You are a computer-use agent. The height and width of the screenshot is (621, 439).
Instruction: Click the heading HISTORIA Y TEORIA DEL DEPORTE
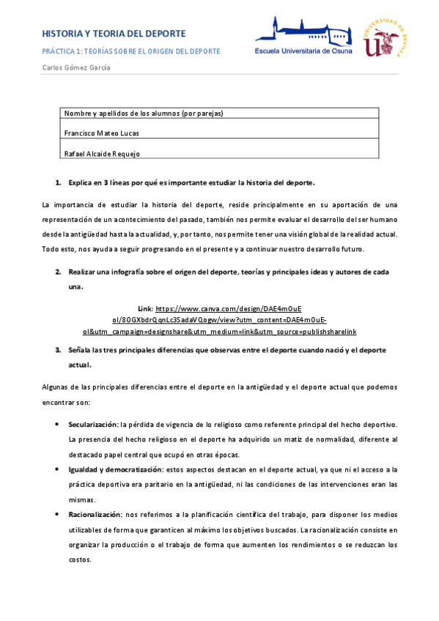(x=114, y=34)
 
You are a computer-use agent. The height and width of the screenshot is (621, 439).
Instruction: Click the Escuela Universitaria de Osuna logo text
(x=303, y=51)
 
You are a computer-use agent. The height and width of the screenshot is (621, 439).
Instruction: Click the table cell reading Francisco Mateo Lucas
(x=102, y=133)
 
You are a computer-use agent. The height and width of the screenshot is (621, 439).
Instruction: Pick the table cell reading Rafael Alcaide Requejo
(x=103, y=153)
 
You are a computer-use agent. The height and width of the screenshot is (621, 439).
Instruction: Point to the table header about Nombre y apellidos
(x=144, y=114)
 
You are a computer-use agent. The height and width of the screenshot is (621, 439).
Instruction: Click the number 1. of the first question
(x=58, y=182)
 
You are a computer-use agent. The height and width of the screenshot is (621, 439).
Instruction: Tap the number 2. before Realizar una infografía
(x=58, y=272)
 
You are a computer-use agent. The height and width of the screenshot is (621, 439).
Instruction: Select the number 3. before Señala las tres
(x=58, y=350)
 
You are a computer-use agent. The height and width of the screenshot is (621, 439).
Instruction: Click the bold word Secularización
(x=92, y=424)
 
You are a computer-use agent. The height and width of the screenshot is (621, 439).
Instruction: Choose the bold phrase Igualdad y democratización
(x=114, y=468)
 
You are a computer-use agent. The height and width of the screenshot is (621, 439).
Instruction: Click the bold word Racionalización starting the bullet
(x=95, y=515)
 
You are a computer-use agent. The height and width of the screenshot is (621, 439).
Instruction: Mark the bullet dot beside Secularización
(x=57, y=424)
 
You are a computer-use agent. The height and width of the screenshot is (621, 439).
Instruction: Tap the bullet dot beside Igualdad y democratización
(x=57, y=468)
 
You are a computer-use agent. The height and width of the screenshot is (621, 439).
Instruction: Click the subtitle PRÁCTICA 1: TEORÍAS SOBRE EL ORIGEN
(x=131, y=51)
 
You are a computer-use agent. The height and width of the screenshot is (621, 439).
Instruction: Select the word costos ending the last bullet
(x=80, y=559)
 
